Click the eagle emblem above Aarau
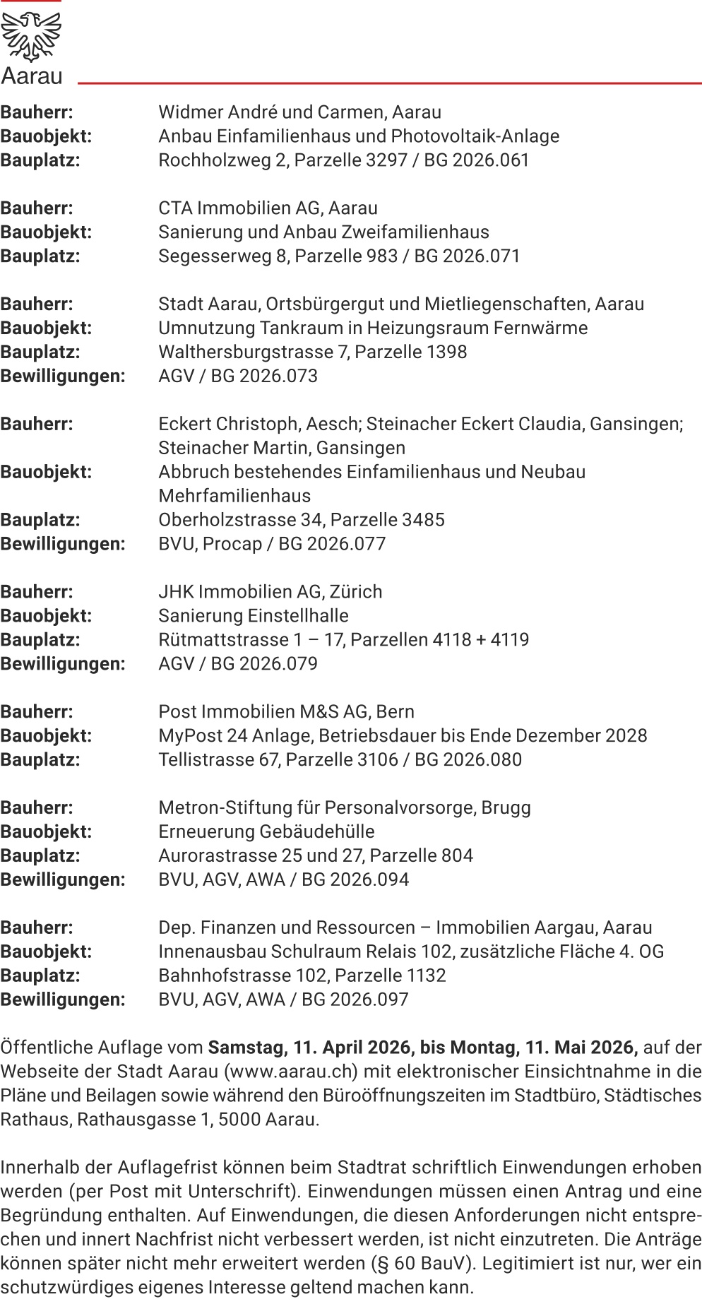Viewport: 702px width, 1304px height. click(31, 36)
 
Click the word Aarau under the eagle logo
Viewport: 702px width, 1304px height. click(32, 76)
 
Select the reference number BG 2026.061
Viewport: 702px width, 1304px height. click(477, 160)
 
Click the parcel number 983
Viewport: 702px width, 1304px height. click(381, 256)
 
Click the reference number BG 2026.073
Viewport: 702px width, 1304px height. click(265, 377)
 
